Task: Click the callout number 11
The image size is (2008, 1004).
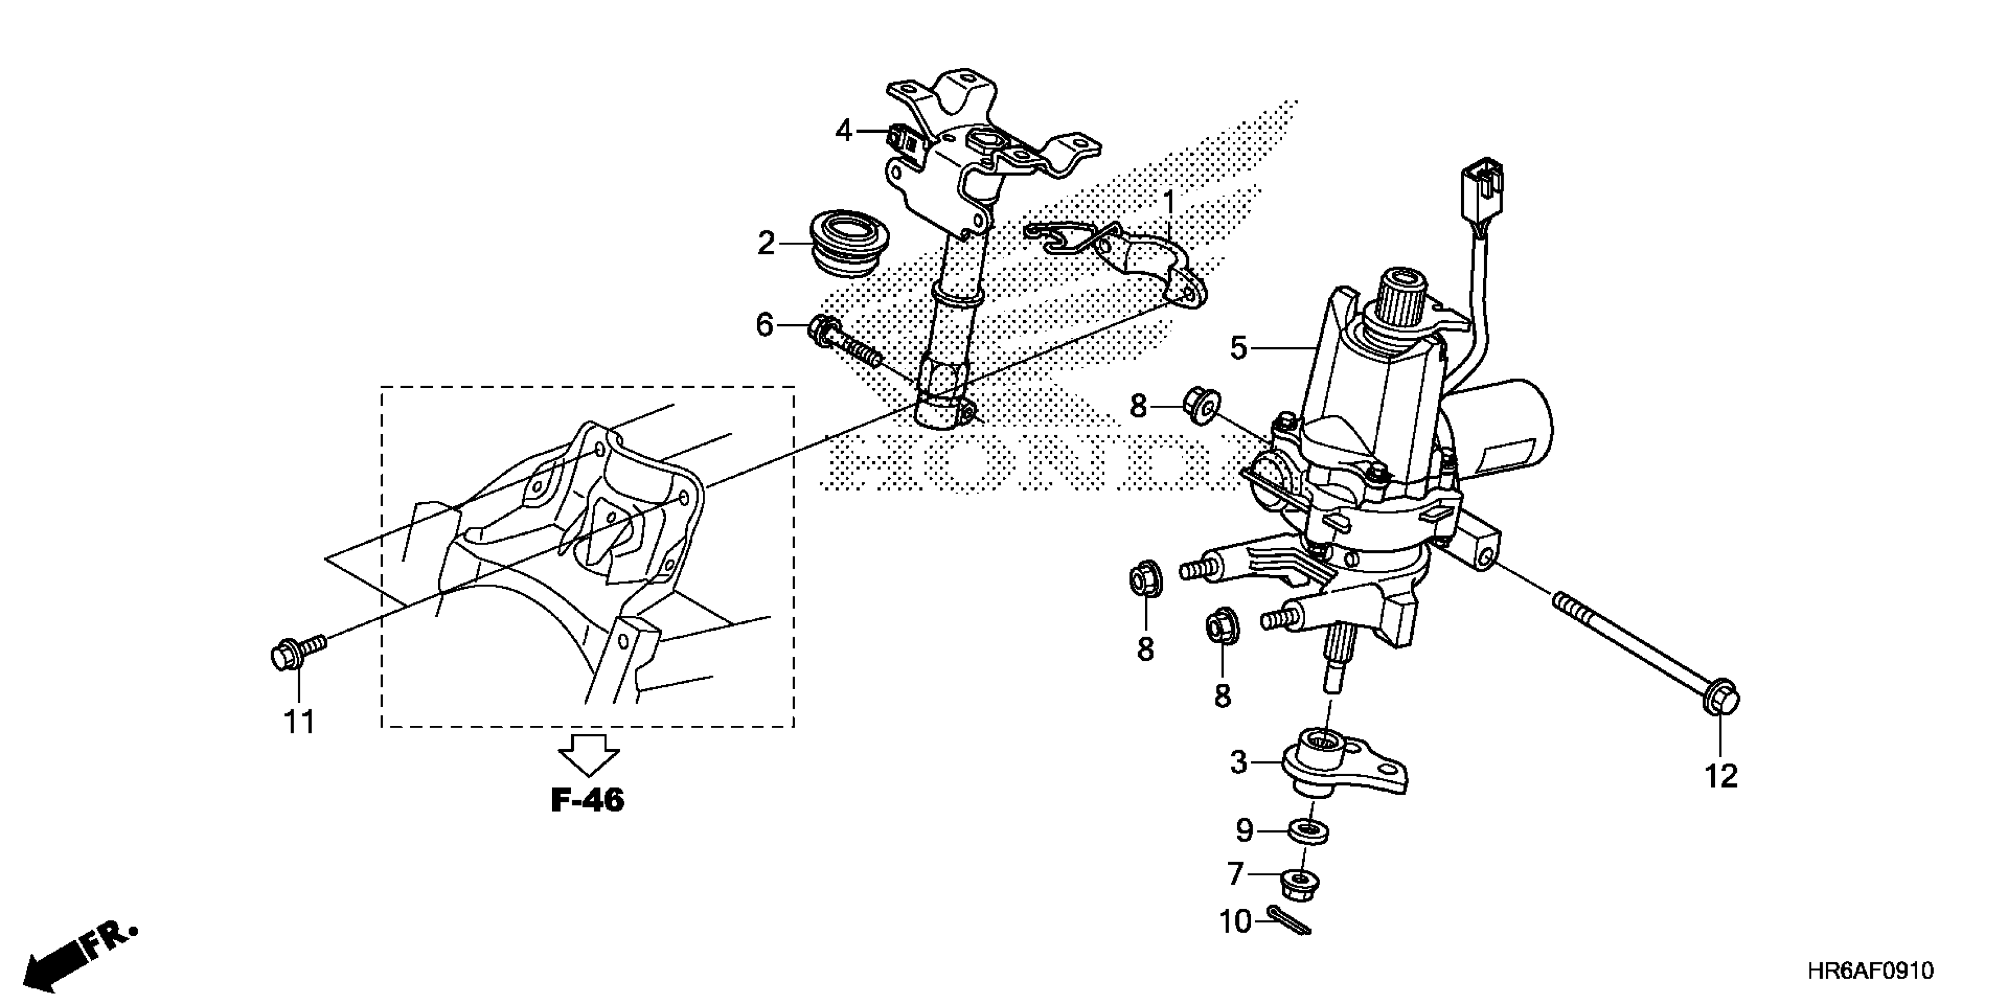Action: [x=299, y=723]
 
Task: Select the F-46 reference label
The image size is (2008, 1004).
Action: [x=588, y=801]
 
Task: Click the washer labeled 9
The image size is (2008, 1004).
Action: [x=1309, y=832]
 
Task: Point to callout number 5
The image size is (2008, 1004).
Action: [x=1238, y=348]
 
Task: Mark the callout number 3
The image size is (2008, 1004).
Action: [x=1238, y=762]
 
